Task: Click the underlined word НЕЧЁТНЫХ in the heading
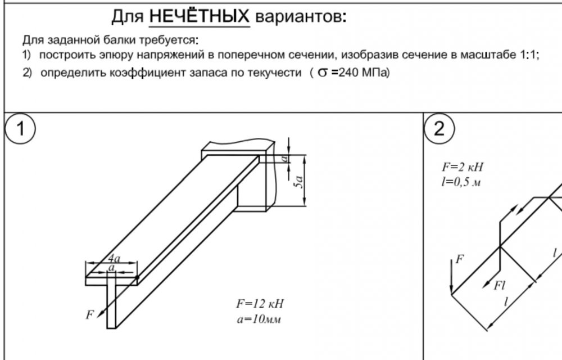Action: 200,16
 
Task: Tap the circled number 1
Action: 20,128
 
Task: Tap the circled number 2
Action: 439,128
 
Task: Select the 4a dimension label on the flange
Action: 114,258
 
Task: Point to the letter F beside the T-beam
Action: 89,314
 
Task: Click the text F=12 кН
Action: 260,304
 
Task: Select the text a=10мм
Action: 259,319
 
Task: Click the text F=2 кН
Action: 463,166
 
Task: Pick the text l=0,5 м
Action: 461,182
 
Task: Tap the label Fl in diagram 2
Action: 499,285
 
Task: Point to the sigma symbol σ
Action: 323,73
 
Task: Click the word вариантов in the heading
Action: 300,16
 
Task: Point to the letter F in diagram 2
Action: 460,259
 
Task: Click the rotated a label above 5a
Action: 285,157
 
